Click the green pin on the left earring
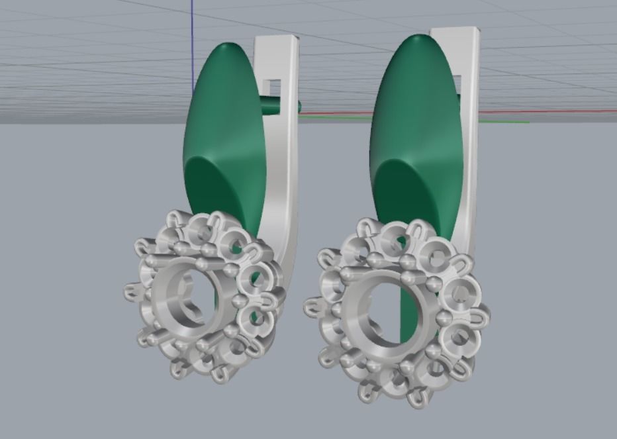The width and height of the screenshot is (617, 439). point(285,105)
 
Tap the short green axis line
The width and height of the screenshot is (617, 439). point(510,122)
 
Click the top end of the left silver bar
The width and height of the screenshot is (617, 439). point(277,39)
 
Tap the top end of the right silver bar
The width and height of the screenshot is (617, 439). point(455,30)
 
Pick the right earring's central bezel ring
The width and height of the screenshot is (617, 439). point(368,311)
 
